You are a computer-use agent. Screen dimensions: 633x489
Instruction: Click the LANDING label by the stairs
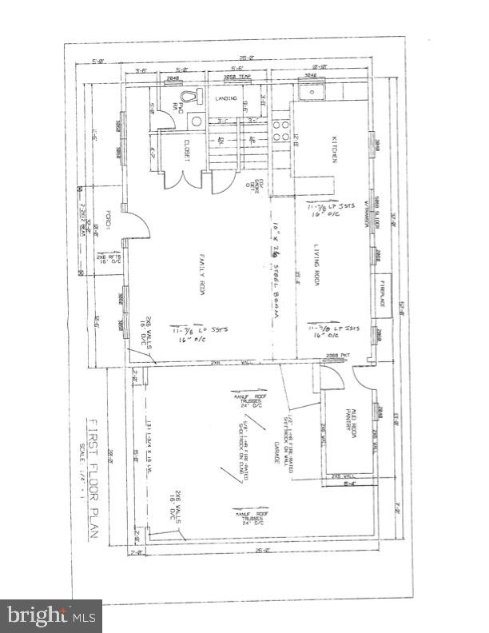click(x=227, y=98)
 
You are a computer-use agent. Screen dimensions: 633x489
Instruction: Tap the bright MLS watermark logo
click(x=52, y=615)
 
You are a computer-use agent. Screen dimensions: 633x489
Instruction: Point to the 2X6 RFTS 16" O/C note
click(x=109, y=259)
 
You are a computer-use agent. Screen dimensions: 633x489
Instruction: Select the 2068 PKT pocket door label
click(x=346, y=354)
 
